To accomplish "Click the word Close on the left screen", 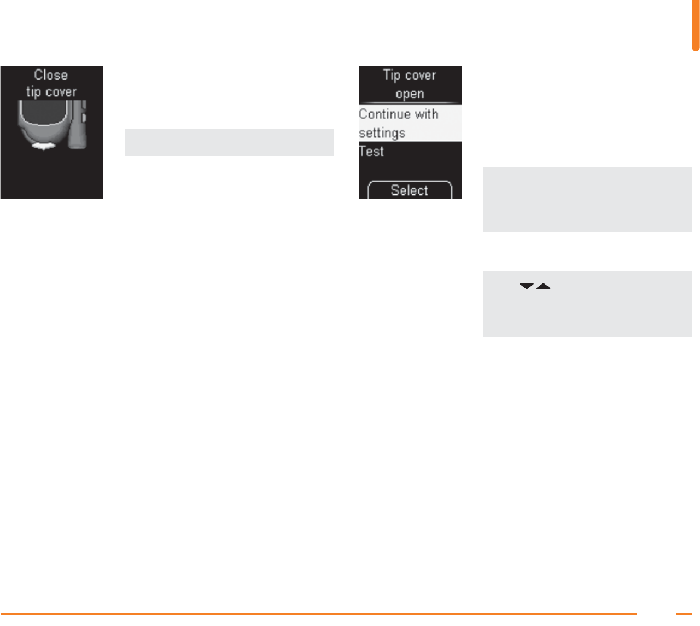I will pos(51,75).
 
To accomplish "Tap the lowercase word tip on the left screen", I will pos(33,92).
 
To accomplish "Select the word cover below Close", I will pos(60,92).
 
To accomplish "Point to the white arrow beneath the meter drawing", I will pos(42,146).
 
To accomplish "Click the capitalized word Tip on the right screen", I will pos(392,75).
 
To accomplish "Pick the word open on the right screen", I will pos(410,94).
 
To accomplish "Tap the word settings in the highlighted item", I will pos(382,132).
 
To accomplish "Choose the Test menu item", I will pos(372,151).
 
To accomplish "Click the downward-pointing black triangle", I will pos(526,286).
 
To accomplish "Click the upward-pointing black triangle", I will pos(543,286).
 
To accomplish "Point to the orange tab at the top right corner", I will pos(696,25).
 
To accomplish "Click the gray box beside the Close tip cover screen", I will pos(229,142).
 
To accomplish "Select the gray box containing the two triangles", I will pos(587,304).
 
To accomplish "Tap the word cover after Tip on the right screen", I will pos(421,75).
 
